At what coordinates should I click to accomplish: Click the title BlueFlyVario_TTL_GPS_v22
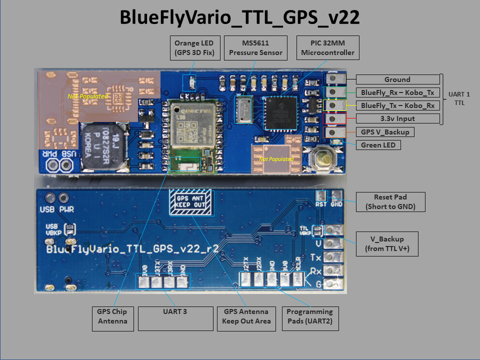pyautogui.click(x=239, y=18)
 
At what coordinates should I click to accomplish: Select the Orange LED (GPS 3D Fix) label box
pyautogui.click(x=194, y=47)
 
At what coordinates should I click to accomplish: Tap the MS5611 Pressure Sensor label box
pyautogui.click(x=255, y=47)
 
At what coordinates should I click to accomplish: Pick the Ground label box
pyautogui.click(x=397, y=79)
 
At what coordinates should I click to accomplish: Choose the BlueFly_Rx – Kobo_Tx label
pyautogui.click(x=397, y=92)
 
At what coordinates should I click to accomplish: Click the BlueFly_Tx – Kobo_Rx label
pyautogui.click(x=397, y=105)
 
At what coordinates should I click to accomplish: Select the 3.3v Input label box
pyautogui.click(x=397, y=118)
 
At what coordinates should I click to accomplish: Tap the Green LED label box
pyautogui.click(x=378, y=145)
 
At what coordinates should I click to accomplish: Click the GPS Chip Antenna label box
pyautogui.click(x=113, y=316)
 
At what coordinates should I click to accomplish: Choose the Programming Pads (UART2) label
pyautogui.click(x=310, y=316)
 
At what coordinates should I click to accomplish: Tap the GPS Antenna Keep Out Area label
pyautogui.click(x=246, y=316)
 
